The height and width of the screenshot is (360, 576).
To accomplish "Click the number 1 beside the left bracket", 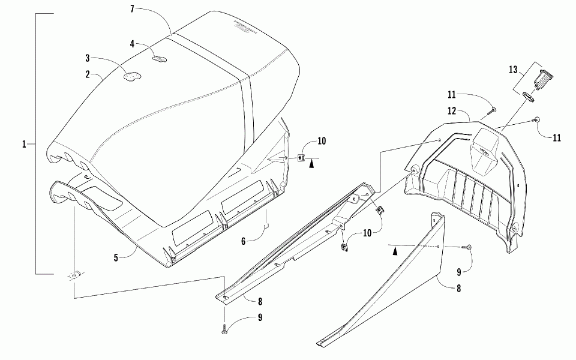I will [25, 144].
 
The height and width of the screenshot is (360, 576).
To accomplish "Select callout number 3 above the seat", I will [88, 58].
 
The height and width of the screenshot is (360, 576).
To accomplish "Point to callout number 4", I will [133, 43].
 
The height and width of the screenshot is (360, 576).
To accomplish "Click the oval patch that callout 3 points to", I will [131, 76].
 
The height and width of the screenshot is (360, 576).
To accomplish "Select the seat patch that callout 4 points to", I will [160, 58].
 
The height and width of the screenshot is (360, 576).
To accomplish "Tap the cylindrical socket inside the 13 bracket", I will [545, 79].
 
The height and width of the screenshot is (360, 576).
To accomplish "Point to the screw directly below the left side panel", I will [224, 329].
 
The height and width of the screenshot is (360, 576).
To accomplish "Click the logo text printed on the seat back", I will [242, 26].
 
